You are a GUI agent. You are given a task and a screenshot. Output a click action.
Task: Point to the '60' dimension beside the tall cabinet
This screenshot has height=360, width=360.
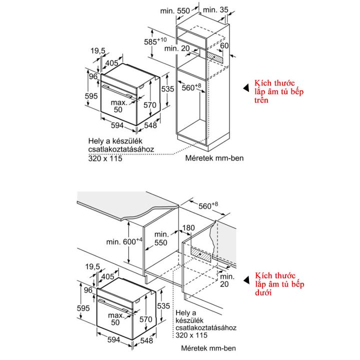coord(225,46)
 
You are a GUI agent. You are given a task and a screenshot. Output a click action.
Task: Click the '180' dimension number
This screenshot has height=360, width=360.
coord(188,228)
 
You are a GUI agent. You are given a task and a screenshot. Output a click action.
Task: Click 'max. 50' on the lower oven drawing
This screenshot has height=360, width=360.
coord(116,319)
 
